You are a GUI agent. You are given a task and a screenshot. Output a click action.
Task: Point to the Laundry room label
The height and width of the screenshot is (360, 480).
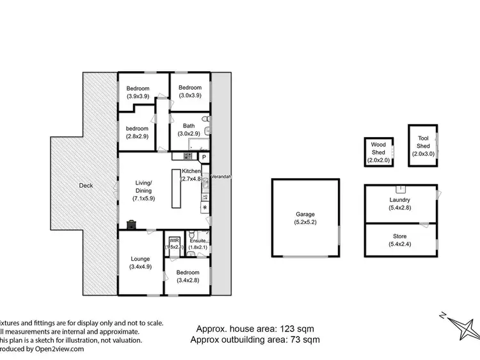[399, 200]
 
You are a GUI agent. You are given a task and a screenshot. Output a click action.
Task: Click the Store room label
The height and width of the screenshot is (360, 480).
[399, 234]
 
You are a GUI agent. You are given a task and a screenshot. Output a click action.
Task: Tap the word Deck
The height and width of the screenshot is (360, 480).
[86, 186]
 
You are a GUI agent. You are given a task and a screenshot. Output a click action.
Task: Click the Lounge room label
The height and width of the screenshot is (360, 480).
[140, 259]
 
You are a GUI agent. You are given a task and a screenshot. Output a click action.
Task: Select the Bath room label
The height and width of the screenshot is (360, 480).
[188, 126]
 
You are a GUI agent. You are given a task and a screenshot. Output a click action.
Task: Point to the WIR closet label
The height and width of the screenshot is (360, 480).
[173, 241]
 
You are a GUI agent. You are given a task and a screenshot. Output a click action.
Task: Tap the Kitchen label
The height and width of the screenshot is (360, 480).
[191, 172]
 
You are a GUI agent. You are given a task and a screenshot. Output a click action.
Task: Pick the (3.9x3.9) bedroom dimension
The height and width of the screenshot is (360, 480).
[138, 96]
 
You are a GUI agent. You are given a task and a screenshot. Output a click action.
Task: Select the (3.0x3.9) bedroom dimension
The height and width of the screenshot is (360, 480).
[190, 95]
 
